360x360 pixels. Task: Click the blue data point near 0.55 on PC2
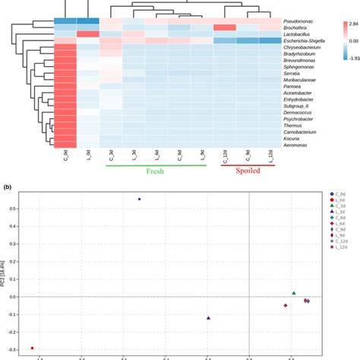tap(139, 199)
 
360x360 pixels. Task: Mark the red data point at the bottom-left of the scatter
tap(32, 348)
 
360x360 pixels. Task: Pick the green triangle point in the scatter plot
tap(293, 293)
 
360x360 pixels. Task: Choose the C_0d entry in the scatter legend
tap(338, 194)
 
